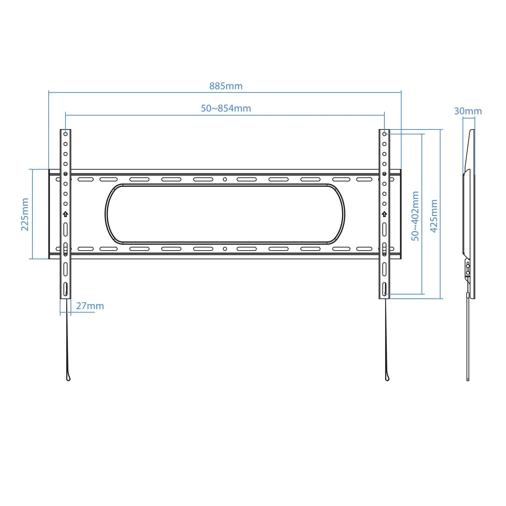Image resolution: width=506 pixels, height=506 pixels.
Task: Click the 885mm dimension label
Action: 226,86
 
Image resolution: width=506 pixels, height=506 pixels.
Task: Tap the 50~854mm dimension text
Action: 226,108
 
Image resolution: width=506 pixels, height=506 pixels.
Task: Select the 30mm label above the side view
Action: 468,111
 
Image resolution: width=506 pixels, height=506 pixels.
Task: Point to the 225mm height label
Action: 25,214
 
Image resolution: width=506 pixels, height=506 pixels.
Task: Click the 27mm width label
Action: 90,306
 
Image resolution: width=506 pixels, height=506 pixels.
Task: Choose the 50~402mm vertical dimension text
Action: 415,216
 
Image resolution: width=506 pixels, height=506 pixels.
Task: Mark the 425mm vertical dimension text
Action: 434,216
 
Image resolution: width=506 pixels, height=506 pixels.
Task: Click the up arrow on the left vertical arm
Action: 65,214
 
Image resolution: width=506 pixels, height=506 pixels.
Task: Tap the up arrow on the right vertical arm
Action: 384,214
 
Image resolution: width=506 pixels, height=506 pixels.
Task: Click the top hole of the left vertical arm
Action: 65,134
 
